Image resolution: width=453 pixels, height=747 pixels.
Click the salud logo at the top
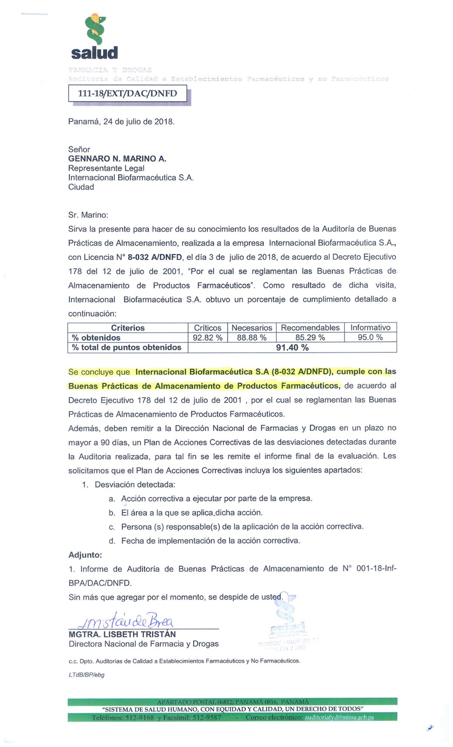(95, 37)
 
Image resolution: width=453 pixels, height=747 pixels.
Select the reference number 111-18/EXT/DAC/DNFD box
(127, 93)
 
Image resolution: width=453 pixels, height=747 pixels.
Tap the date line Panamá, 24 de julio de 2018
(121, 122)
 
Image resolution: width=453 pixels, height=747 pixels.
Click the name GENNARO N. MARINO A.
(117, 159)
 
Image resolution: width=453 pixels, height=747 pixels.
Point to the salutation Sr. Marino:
(88, 215)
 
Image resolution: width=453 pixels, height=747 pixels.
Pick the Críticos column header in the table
(208, 328)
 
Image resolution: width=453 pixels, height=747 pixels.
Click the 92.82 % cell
(208, 338)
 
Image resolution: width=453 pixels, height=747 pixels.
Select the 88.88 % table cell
(251, 338)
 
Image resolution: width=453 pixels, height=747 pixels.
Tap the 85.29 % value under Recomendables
(310, 338)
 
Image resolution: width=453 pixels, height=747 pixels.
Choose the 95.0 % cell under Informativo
(370, 338)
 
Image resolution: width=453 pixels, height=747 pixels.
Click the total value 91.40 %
(292, 348)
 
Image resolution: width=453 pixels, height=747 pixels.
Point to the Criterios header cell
(128, 328)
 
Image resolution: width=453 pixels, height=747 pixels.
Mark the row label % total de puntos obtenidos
(126, 347)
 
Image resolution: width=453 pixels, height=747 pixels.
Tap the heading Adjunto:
(85, 555)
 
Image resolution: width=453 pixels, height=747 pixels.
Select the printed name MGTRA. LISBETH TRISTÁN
(122, 634)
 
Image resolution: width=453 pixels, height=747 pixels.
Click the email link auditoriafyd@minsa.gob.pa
(339, 718)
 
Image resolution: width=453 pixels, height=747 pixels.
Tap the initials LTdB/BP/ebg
(86, 675)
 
